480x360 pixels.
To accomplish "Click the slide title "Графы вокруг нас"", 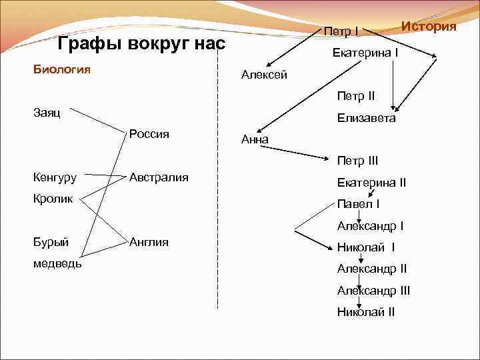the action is (142, 45).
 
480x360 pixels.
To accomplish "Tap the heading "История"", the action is (429, 26).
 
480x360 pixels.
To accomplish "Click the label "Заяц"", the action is (47, 113).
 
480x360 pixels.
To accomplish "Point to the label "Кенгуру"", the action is (55, 177).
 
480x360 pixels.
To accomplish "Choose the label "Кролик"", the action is (52, 199).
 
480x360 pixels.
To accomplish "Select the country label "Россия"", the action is (149, 133).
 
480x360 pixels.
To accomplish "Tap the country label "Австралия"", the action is (159, 177).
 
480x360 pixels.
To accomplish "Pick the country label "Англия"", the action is (149, 241).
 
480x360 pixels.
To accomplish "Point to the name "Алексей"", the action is (264, 75).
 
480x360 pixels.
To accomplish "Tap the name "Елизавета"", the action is (366, 118).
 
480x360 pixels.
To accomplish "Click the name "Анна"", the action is (254, 139).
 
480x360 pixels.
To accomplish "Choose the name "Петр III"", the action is (357, 161).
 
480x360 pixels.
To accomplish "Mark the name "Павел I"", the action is (358, 203).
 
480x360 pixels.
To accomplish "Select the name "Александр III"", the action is (373, 290).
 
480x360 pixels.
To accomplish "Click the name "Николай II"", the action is (366, 311).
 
